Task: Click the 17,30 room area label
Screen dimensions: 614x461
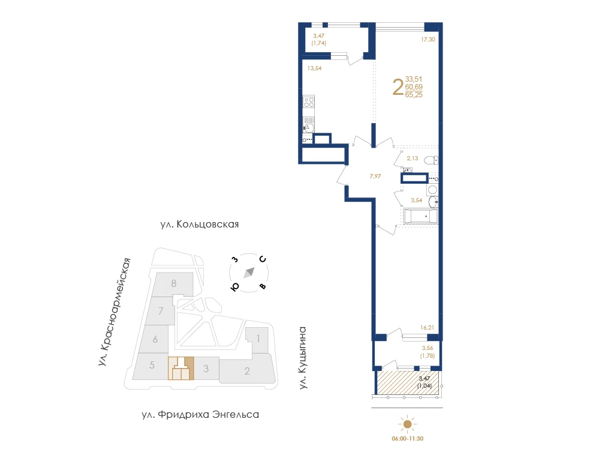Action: click(x=428, y=39)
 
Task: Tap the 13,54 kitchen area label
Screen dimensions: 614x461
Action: click(x=314, y=68)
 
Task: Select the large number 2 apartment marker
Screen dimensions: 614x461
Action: click(x=398, y=87)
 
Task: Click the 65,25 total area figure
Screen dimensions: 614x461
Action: click(x=414, y=95)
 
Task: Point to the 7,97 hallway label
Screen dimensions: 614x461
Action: click(x=375, y=176)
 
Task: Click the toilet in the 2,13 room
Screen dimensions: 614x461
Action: click(x=431, y=160)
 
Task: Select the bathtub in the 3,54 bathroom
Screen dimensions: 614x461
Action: click(x=420, y=216)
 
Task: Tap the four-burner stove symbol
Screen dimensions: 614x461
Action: click(x=309, y=102)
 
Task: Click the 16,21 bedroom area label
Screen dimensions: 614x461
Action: click(x=427, y=327)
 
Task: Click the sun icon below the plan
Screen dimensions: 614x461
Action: click(x=408, y=424)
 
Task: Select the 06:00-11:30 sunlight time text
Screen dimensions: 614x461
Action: click(x=408, y=439)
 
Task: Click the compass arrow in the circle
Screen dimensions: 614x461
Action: click(x=249, y=273)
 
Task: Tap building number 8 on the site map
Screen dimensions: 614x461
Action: click(x=174, y=283)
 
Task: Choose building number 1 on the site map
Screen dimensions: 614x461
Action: click(x=258, y=339)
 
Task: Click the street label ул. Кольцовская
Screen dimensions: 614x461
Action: click(x=199, y=224)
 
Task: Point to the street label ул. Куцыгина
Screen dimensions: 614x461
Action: click(x=302, y=358)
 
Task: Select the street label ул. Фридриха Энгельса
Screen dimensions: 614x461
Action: click(x=200, y=414)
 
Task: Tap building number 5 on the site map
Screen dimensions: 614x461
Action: click(x=152, y=366)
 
